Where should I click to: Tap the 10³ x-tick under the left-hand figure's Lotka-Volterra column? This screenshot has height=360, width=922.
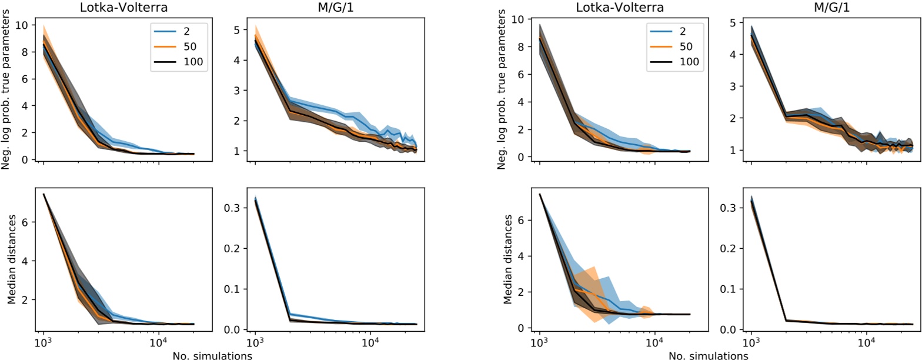click(x=44, y=343)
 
